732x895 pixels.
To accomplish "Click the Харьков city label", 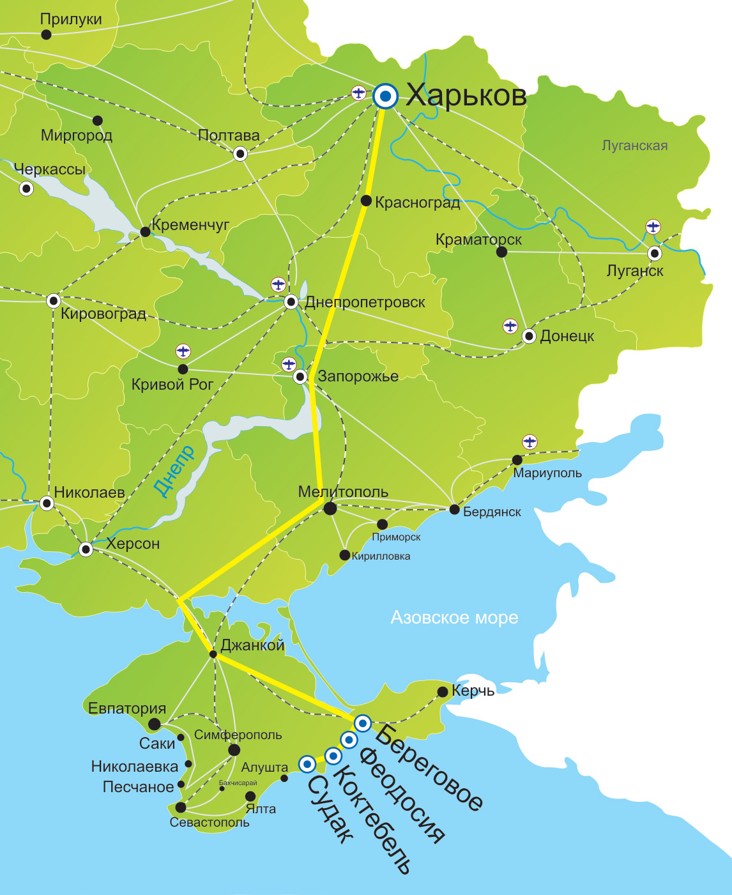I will coord(466,95).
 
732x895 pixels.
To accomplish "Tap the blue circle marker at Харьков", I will coord(385,96).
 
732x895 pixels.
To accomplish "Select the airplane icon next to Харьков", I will coord(359,93).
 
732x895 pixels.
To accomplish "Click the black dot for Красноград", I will coord(366,201).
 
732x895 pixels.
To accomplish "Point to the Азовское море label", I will coord(454,618).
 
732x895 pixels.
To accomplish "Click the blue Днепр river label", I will coord(174,471).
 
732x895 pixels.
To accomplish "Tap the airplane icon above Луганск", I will coord(653,227).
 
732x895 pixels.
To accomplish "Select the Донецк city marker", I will coord(529,336).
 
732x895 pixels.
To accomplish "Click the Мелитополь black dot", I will coord(330,509).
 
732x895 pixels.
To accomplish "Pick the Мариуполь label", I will coord(547,473).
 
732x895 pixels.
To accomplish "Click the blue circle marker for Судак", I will coord(307,763).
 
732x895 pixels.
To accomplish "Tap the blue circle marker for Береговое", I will coord(363,723).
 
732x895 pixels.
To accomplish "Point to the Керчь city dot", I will coord(443,691).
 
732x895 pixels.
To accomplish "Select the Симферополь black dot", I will coord(234,749).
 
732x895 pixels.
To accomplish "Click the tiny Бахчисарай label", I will coord(238,783).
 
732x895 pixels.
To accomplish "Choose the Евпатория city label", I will coord(127,708).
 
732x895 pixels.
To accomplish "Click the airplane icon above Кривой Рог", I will coord(183,351).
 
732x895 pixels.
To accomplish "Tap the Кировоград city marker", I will coord(54,300).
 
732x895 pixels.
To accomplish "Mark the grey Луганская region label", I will coord(634,146).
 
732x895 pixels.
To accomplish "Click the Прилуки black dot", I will coord(46,34).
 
